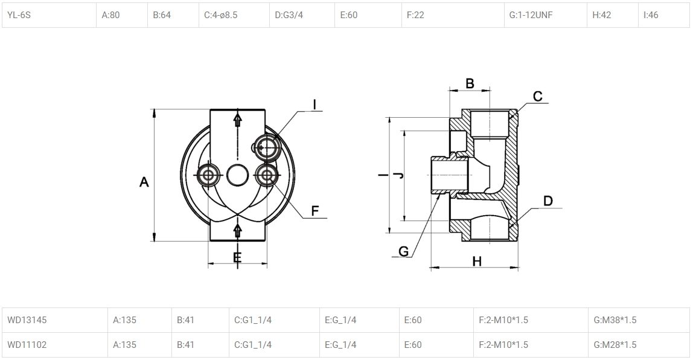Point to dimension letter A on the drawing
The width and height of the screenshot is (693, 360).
tap(144, 182)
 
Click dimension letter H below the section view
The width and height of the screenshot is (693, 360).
tap(477, 262)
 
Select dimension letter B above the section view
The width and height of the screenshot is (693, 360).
tap(470, 83)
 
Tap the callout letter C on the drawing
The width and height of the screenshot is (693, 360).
tap(537, 97)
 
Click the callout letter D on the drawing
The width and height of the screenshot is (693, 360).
tap(548, 201)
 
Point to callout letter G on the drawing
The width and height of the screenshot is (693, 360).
tap(404, 251)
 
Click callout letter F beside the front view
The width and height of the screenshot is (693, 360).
tap(315, 211)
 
